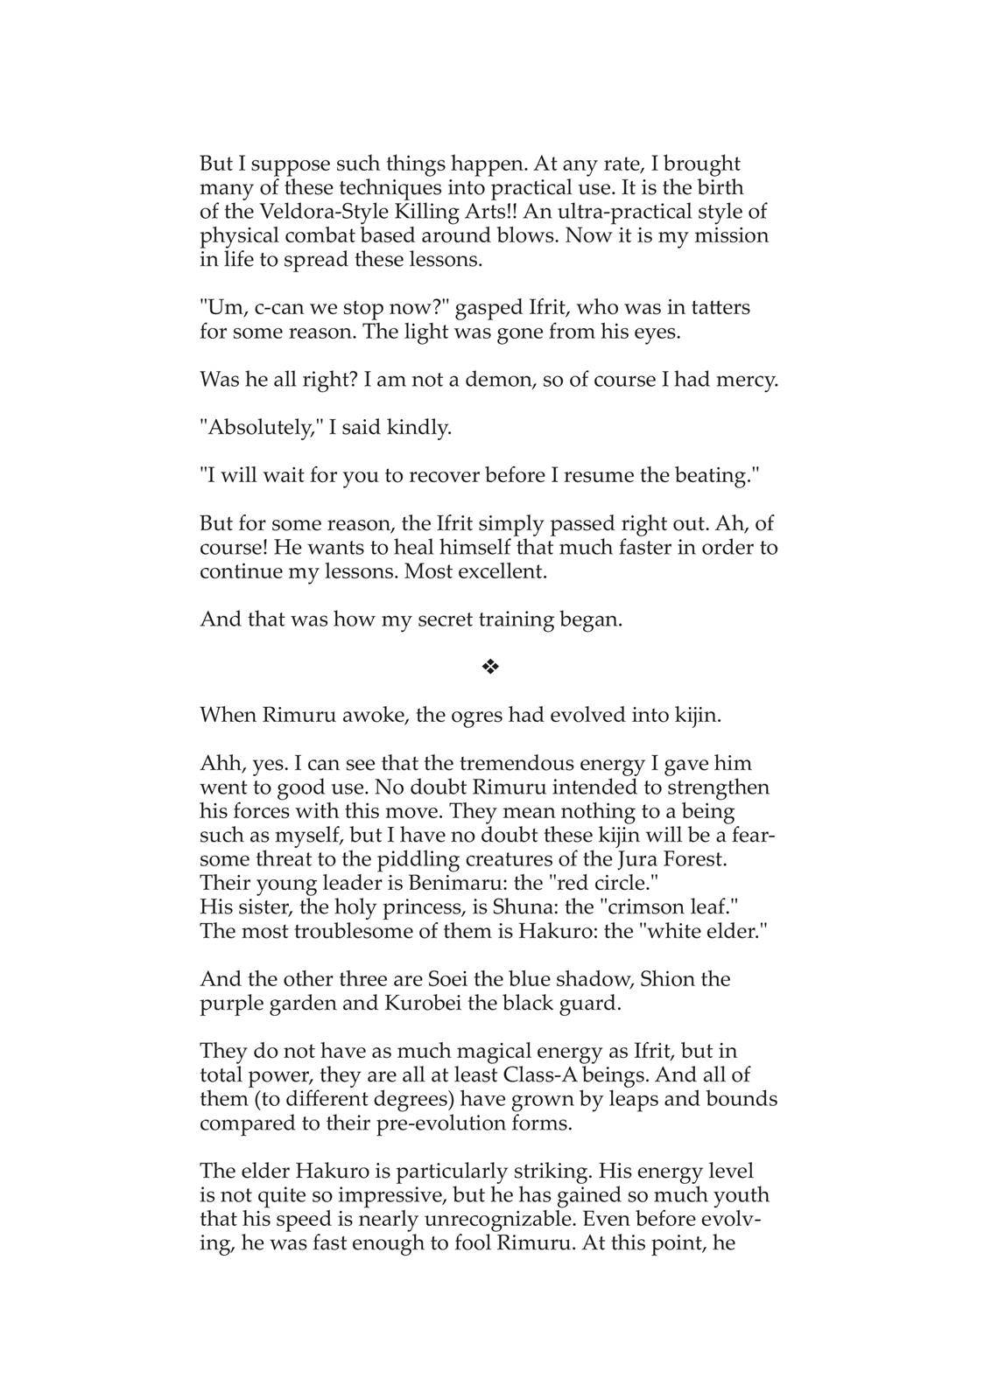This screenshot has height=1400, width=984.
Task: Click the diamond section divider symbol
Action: coord(490,668)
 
